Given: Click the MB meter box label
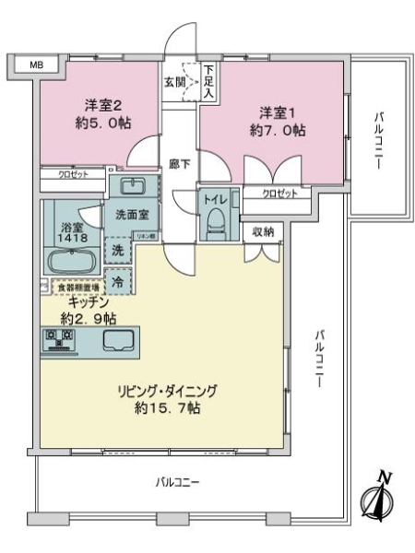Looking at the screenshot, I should (x=35, y=65).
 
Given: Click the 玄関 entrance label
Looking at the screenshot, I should (x=174, y=81).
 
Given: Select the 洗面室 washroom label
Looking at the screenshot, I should (x=132, y=213).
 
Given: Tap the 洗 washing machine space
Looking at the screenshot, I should (x=119, y=248).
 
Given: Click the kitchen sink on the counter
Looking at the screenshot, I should (x=123, y=340).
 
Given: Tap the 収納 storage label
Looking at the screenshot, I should (x=263, y=231).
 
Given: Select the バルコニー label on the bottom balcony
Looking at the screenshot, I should (x=176, y=482).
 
